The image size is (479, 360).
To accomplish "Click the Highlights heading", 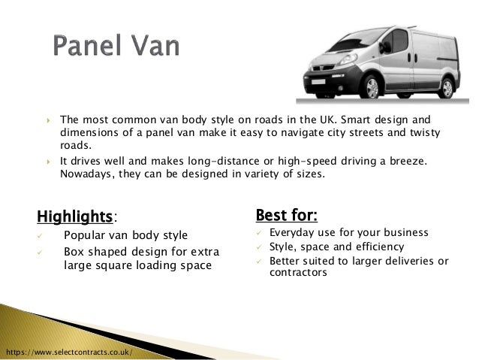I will pos(74,216).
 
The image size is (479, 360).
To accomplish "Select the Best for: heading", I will pos(287,216).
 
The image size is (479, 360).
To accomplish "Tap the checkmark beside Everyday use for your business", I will pos(260,233).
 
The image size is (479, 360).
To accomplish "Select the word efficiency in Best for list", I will pos(377,247).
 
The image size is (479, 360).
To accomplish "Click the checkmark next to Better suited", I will pos(260,261).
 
